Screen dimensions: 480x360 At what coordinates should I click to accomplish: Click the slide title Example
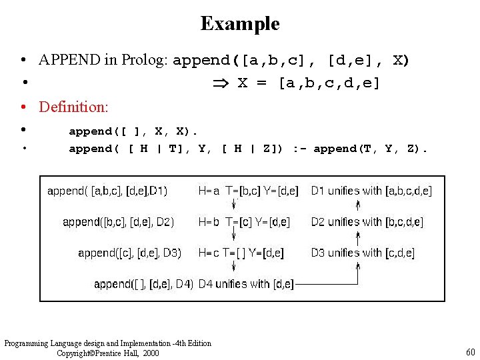point(240,24)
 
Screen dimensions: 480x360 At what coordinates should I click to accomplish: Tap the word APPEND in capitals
point(69,60)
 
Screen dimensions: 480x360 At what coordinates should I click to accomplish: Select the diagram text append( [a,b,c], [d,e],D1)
point(107,191)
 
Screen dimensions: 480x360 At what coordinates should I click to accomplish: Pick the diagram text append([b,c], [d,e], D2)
point(118,222)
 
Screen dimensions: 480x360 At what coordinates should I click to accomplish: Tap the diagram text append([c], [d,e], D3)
point(129,253)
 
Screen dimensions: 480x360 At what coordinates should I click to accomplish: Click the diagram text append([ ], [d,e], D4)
point(143,285)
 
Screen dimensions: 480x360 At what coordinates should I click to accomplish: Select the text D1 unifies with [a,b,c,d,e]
point(371,191)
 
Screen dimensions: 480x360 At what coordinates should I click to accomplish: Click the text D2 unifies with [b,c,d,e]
point(367,222)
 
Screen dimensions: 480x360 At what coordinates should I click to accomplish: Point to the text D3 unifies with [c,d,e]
point(362,253)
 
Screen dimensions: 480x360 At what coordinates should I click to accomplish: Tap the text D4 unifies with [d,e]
point(246,285)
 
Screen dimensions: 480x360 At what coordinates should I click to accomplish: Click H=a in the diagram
point(209,191)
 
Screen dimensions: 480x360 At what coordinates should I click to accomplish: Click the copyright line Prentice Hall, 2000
point(108,353)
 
